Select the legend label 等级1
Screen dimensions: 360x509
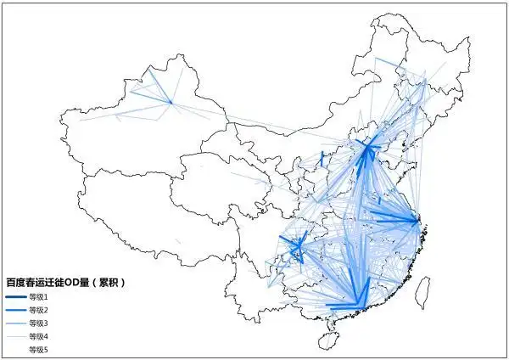pos(39,297)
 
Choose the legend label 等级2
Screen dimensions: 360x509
pos(39,311)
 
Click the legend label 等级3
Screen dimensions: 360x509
pos(39,323)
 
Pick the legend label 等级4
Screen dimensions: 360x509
pos(39,336)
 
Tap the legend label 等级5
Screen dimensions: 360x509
pos(39,349)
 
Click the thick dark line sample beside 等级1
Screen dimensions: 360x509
pos(15,297)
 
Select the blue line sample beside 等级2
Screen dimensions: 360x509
pos(15,311)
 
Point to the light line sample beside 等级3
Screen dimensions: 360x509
pos(15,323)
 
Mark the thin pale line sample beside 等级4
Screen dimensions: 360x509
pos(15,336)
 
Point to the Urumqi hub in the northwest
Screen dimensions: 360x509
pos(170,103)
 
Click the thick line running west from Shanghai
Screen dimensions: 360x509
pos(390,220)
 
